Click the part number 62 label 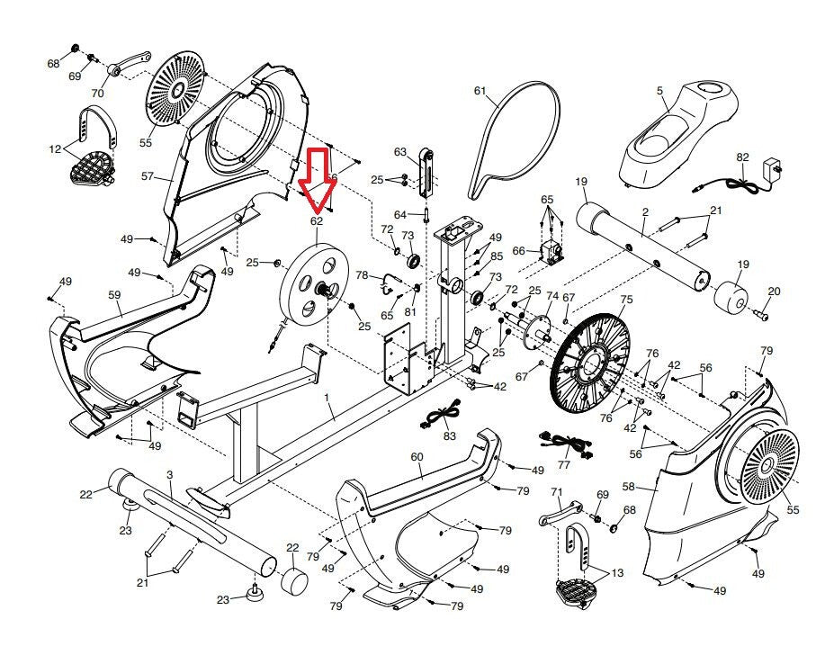316,220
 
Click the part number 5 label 659,91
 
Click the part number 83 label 449,435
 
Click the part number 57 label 148,176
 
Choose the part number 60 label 417,457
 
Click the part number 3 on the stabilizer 169,474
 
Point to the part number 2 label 645,212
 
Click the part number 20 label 775,291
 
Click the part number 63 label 400,151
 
